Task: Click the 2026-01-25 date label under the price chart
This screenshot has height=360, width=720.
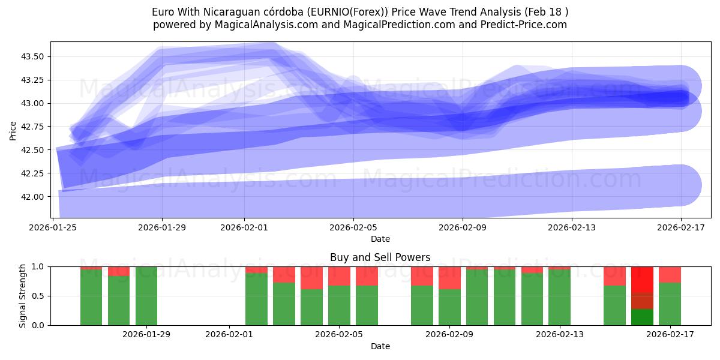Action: tap(54, 227)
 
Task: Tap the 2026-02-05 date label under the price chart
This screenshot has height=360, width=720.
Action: tap(353, 227)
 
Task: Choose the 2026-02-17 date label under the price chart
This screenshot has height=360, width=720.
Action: tap(680, 227)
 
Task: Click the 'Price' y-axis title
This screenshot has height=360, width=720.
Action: tap(13, 130)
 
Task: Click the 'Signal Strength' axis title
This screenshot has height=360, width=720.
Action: tap(23, 296)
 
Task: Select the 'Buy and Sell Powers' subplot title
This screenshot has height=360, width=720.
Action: tap(380, 257)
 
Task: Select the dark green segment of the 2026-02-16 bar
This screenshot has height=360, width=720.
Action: tap(642, 317)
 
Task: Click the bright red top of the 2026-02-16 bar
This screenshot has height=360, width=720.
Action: tap(642, 279)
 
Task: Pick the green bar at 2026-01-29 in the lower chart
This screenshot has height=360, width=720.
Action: tap(146, 296)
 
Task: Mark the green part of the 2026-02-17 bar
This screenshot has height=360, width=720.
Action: tap(670, 304)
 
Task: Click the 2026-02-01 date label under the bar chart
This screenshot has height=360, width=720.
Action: tap(230, 334)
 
